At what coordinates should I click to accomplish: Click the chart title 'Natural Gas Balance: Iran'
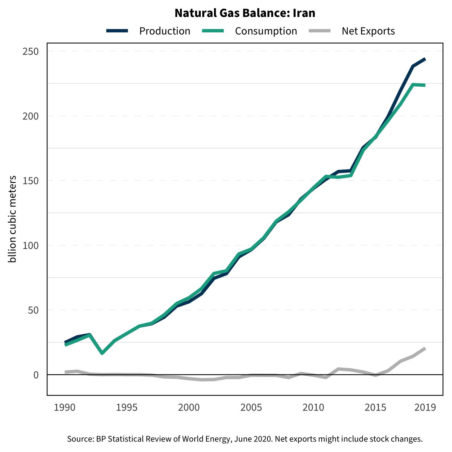click(x=245, y=13)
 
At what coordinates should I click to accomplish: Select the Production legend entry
click(x=164, y=31)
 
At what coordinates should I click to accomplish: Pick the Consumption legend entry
click(x=266, y=31)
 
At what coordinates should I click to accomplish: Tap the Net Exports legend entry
click(x=368, y=31)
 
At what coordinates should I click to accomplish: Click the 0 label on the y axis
click(x=36, y=375)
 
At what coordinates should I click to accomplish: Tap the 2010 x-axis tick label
click(x=313, y=408)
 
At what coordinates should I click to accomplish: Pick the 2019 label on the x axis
click(x=425, y=408)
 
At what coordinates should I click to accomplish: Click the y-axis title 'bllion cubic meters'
click(x=13, y=219)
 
